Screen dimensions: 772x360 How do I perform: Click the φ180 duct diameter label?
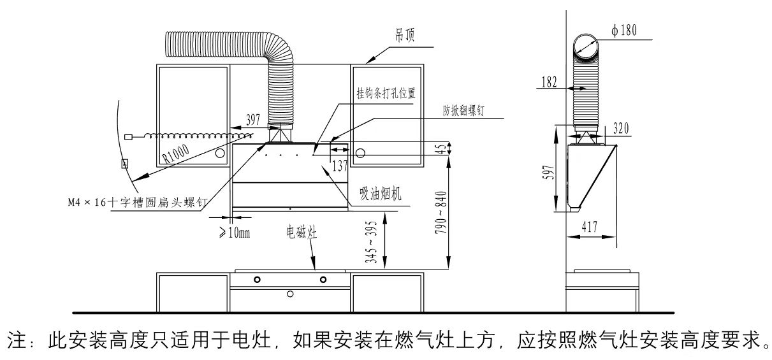[624, 31]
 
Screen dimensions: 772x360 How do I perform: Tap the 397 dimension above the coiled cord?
[253, 120]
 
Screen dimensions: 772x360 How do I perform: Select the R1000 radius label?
[176, 153]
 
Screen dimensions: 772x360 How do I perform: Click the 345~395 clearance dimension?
[371, 242]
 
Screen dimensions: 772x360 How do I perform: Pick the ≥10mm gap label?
[235, 233]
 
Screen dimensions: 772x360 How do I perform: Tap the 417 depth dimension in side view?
[589, 227]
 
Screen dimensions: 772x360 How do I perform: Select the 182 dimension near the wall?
[550, 82]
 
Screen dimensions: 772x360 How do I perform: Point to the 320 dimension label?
[621, 129]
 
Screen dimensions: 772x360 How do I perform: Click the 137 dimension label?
[340, 166]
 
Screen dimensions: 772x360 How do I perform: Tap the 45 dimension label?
[441, 149]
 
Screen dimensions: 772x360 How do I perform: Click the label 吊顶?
[404, 35]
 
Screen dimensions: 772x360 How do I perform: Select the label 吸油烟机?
[381, 193]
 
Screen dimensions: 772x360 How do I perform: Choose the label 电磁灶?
[302, 233]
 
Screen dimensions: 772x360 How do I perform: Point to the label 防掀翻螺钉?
[463, 110]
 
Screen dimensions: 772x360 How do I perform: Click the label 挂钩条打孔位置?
[386, 93]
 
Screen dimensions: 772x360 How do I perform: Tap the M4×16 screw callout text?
[138, 202]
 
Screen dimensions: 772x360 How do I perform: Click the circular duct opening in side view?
[586, 46]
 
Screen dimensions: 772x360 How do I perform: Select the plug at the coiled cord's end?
[128, 137]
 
